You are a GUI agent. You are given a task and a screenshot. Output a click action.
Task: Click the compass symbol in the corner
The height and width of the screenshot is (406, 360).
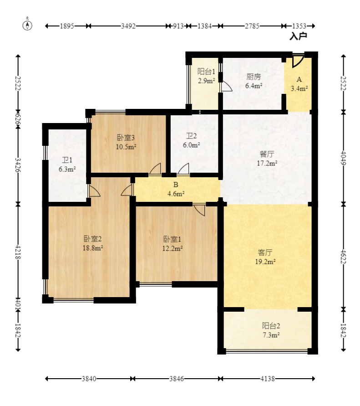coord(27,25)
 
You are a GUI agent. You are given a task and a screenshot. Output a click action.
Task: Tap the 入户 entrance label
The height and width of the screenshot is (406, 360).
coord(298,36)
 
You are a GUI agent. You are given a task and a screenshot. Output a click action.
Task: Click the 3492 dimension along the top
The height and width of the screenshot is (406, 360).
coord(128,26)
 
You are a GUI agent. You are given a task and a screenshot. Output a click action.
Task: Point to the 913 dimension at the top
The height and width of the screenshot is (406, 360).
coord(178,26)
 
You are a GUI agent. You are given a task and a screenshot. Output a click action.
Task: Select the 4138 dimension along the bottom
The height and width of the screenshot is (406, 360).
coord(268,379)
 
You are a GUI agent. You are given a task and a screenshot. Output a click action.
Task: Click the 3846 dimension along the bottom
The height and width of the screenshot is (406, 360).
coord(177,379)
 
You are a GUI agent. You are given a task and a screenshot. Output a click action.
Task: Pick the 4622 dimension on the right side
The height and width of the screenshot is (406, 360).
coord(344,257)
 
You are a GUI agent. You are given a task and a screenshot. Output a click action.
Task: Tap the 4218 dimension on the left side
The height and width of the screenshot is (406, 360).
coord(18,252)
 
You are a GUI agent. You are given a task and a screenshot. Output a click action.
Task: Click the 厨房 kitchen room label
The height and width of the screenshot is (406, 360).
coord(254,77)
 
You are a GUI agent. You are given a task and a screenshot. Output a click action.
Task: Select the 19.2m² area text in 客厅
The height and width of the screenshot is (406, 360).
coord(265,262)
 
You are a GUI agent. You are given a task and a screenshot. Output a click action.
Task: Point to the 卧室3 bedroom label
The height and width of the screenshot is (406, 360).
coord(126,138)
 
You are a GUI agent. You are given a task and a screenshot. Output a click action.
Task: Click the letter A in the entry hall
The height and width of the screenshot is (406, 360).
coord(299,79)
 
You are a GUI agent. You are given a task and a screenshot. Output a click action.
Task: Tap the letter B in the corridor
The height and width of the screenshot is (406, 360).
coord(176,185)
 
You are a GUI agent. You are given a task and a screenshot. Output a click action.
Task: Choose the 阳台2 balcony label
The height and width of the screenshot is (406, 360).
coord(271,326)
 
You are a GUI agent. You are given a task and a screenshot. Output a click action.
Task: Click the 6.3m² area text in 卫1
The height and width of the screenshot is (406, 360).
coord(67,170)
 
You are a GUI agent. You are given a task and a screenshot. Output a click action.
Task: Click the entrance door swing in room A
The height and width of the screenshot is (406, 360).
coord(297,61)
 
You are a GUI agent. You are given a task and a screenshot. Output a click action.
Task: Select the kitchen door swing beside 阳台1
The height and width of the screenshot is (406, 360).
coord(226,87)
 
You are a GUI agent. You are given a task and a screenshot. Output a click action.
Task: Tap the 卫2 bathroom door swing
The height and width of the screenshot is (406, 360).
coord(183,169)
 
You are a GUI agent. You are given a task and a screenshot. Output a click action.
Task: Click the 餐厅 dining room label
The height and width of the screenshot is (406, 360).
coord(267,154)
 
